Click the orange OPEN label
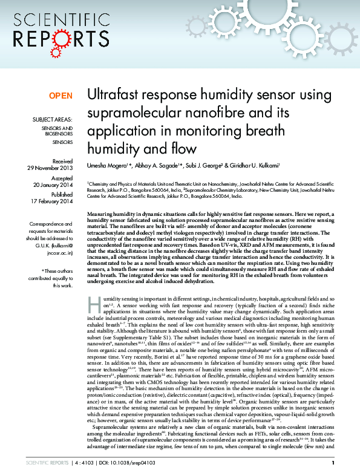point(61,96)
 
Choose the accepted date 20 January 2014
point(54,184)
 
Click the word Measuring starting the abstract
point(102,215)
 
